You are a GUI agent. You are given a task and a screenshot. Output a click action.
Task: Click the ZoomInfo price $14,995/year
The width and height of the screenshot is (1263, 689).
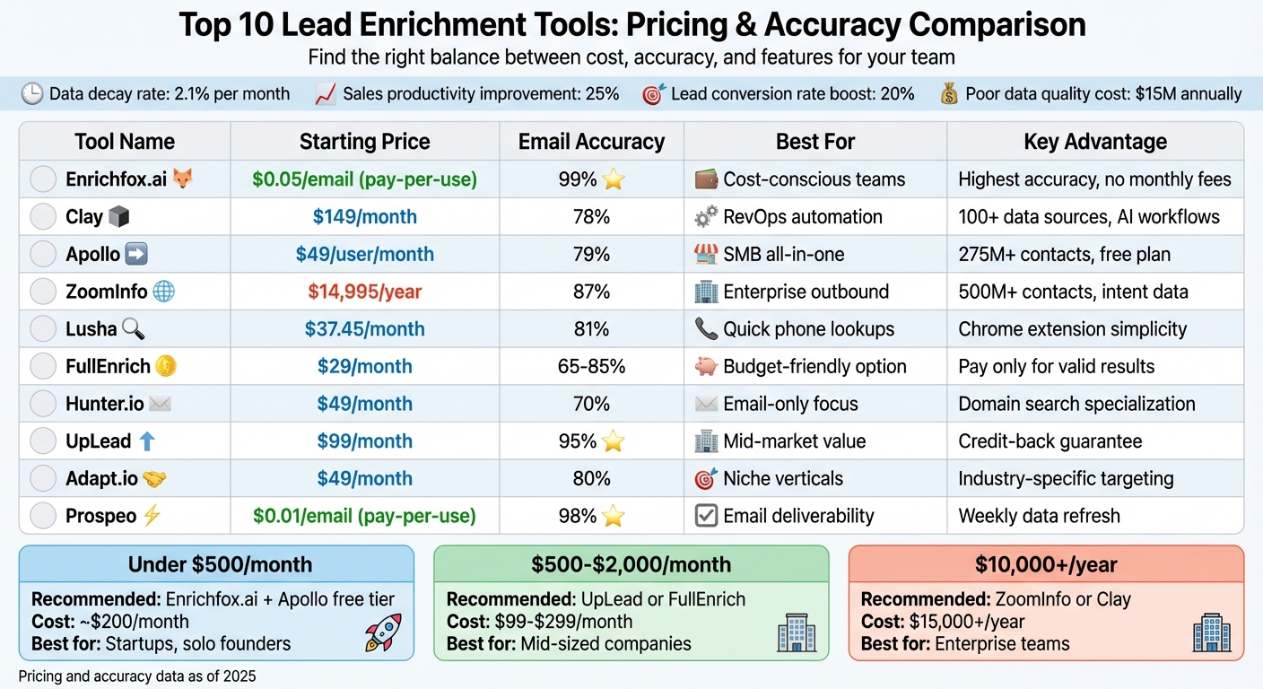coord(364,292)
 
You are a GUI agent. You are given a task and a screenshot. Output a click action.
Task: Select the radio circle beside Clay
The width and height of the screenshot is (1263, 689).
coord(43,217)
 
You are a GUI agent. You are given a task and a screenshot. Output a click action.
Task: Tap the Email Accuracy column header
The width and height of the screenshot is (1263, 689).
coord(591,142)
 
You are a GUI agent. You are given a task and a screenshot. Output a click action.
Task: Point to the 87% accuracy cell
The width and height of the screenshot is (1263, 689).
coord(591,292)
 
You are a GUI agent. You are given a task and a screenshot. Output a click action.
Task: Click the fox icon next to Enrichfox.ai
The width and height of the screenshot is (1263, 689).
coord(182,179)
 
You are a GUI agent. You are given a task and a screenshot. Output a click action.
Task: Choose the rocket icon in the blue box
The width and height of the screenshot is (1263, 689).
coord(383,632)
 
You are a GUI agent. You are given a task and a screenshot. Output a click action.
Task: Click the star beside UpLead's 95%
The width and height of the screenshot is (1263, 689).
coord(614,441)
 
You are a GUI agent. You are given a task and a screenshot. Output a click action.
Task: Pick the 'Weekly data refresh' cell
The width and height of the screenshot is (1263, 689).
coord(1039,516)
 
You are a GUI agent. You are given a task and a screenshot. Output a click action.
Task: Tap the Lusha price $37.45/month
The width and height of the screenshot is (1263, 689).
coord(364,329)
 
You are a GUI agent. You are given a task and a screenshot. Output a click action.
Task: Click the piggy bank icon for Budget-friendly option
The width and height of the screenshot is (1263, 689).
coord(706,366)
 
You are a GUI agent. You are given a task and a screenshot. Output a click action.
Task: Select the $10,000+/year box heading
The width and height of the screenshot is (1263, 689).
coord(1046,564)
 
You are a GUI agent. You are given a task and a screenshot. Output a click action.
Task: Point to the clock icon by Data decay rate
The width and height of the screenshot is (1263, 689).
coord(32,94)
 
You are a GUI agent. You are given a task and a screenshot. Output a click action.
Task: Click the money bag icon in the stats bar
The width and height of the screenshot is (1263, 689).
coord(948,94)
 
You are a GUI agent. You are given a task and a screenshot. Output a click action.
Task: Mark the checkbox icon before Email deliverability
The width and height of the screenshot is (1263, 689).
coord(706,516)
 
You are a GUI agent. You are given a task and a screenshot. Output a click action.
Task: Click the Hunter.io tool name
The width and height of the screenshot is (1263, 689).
coord(104,404)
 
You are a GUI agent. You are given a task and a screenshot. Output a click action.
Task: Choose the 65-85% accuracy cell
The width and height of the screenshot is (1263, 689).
coord(591,366)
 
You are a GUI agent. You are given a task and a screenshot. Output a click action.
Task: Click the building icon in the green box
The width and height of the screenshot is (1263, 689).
coord(795,633)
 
